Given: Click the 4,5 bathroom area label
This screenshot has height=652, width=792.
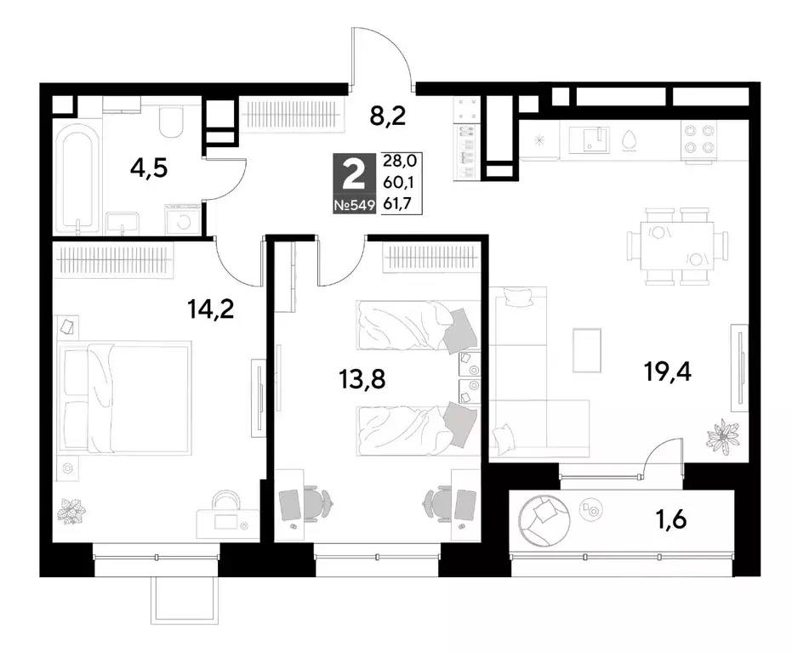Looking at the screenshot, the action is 149,168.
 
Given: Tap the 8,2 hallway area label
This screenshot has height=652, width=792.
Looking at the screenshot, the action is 388,116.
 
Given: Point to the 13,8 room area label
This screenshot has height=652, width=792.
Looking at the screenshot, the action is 362,378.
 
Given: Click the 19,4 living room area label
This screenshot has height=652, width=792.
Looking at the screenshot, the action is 668,372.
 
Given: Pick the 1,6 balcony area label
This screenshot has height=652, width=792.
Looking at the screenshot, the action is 672,519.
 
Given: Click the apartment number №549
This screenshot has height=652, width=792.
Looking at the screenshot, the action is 354,205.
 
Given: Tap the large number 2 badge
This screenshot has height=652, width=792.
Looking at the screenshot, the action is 354,174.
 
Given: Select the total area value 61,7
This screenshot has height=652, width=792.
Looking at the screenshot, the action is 397,203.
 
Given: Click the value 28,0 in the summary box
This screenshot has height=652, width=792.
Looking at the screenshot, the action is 400,161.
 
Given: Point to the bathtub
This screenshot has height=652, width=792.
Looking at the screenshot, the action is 77,179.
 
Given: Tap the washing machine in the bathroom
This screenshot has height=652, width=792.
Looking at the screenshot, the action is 184,220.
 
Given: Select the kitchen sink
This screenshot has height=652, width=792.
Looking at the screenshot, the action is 589,139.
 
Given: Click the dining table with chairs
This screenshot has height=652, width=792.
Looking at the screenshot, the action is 678,246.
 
